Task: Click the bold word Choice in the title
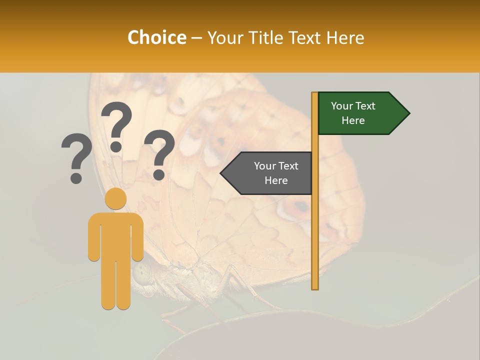(x=156, y=37)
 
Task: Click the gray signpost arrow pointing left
(x=267, y=173)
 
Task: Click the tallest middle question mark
(x=116, y=125)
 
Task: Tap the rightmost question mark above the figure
(x=159, y=154)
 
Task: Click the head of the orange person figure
(x=116, y=198)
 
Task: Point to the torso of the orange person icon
(x=116, y=235)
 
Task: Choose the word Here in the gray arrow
(x=276, y=180)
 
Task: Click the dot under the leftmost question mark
(x=76, y=178)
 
